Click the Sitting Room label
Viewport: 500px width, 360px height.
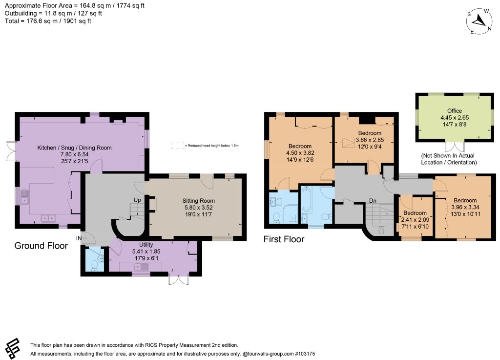(x=198, y=201)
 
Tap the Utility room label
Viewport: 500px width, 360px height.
(x=146, y=245)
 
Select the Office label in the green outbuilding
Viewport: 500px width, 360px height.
(x=455, y=111)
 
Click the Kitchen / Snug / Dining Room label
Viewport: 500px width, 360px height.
(x=74, y=148)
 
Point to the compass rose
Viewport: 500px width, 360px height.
(x=479, y=21)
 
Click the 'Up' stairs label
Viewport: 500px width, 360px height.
(x=137, y=200)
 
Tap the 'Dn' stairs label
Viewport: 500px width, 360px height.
(x=373, y=201)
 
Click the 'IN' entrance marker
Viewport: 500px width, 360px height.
(x=79, y=238)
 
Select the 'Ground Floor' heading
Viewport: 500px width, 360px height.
(x=41, y=246)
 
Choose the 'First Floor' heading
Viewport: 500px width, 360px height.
(x=284, y=239)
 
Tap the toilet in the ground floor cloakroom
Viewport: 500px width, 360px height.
(x=95, y=266)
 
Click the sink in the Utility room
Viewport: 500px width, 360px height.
(x=142, y=266)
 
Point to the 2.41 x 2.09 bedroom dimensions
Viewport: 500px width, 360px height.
(x=415, y=220)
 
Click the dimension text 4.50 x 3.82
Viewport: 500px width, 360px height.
(x=300, y=153)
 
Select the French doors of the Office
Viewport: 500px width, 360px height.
(x=455, y=146)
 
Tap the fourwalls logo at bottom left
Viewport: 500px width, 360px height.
(x=12, y=348)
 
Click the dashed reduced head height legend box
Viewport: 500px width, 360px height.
(x=178, y=146)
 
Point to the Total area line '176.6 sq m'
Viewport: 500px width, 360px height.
(x=48, y=21)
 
